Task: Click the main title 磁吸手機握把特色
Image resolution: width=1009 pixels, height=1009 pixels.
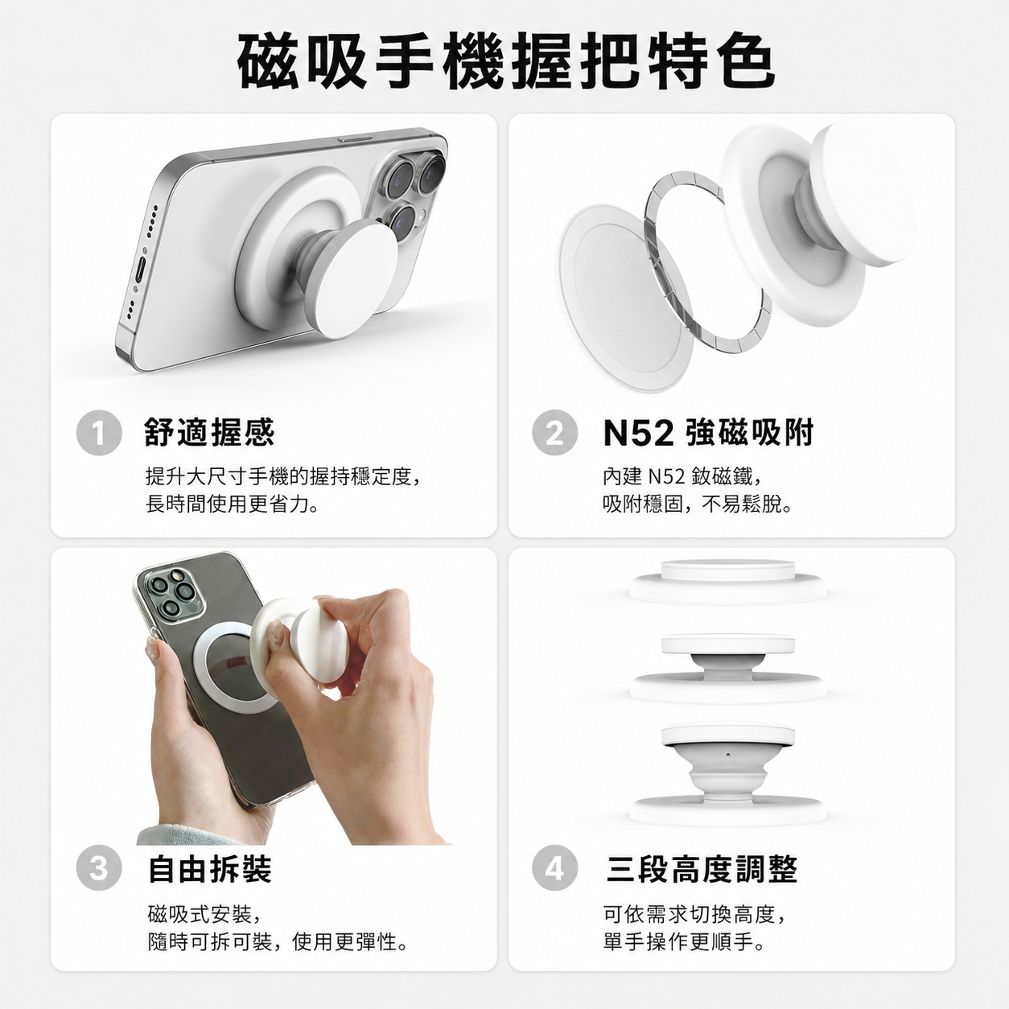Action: [x=506, y=61]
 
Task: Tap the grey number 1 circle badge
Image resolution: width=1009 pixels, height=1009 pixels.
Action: [x=99, y=433]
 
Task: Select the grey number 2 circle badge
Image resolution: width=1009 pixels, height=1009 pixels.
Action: [x=555, y=433]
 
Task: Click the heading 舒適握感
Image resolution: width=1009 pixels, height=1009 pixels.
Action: [x=209, y=433]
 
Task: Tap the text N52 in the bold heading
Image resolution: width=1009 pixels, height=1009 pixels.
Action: [x=638, y=434]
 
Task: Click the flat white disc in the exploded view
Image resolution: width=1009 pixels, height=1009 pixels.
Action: [x=626, y=298]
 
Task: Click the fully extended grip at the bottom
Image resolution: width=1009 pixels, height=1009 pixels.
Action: [x=728, y=774]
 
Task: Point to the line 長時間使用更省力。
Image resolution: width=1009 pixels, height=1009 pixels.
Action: [x=233, y=504]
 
